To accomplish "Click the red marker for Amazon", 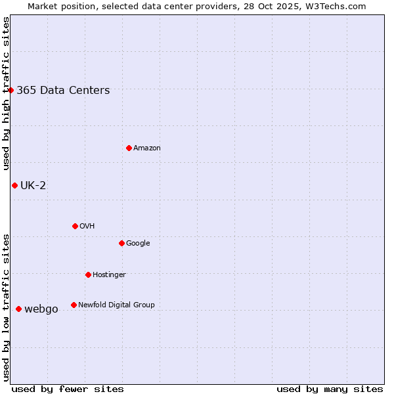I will [x=129, y=148].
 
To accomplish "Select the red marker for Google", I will [x=121, y=243].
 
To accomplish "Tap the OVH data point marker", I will [x=75, y=226].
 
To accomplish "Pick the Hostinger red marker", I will [x=88, y=274].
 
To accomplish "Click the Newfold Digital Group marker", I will [x=74, y=305].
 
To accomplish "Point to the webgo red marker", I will [x=18, y=309].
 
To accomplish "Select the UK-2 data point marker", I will [x=14, y=185].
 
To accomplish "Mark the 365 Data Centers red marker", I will [x=11, y=90].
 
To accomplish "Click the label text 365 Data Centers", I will [x=63, y=91].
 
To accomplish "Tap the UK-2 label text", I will [x=33, y=185].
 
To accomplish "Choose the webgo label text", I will [x=41, y=309].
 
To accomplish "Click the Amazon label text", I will [x=147, y=148].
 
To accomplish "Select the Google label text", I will [x=138, y=244].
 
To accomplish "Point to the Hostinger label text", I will [x=109, y=274].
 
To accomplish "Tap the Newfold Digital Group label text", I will [x=116, y=305].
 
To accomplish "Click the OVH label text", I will [x=87, y=227].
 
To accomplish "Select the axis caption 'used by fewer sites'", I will [x=68, y=389].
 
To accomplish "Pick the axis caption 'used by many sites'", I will [x=330, y=389].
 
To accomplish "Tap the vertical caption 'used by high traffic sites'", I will [x=6, y=93].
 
